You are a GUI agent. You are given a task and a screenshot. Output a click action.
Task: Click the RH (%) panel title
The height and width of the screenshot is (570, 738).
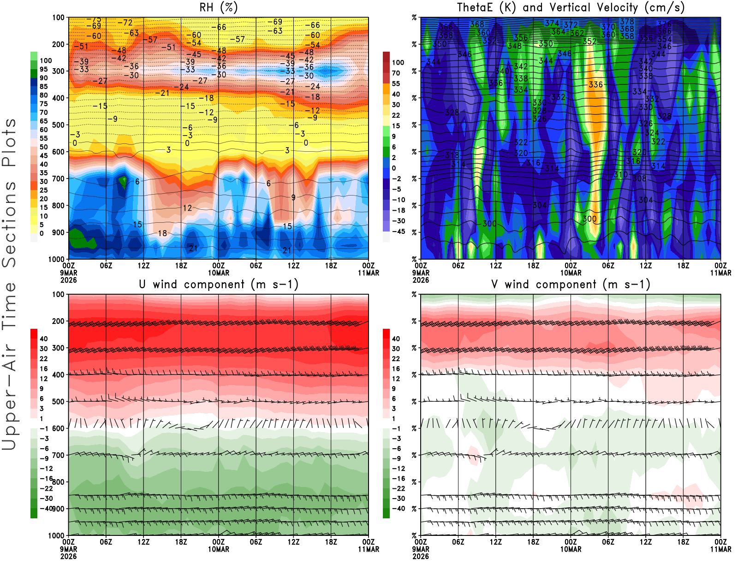pos(219,7)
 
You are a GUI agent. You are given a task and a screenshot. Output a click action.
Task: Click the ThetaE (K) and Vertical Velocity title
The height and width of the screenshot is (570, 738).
pos(571,7)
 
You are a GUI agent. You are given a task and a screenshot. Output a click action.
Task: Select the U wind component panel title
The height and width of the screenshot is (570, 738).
pos(219,284)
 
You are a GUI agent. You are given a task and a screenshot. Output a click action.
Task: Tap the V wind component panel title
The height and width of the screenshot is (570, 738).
pos(571,284)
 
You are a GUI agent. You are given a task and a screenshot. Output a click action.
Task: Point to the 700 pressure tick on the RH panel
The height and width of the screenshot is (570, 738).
pos(58,178)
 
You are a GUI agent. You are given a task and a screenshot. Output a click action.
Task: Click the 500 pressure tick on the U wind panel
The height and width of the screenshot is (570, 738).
pos(58,402)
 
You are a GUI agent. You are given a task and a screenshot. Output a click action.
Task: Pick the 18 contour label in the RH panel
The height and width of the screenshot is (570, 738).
pos(162,233)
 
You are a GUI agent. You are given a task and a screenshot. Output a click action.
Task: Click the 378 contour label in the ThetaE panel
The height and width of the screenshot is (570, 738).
pos(627,22)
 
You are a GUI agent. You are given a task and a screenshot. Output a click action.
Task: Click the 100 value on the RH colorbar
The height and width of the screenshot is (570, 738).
pos(46,60)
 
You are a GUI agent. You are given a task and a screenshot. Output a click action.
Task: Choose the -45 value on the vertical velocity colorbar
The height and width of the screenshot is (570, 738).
pos(399,232)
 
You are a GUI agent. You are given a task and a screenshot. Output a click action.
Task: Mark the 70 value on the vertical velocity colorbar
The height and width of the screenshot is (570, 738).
pos(396,73)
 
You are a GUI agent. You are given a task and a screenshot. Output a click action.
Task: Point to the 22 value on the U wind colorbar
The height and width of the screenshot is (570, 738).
pos(44,359)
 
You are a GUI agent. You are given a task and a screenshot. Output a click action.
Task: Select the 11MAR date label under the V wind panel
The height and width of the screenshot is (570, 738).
pos(720,549)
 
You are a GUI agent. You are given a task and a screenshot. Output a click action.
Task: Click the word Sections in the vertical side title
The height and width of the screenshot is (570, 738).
pos(9,224)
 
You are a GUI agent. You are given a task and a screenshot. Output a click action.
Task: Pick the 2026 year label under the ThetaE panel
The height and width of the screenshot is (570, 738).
pos(421,280)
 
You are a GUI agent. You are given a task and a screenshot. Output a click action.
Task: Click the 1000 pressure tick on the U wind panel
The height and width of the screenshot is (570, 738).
pos(56,535)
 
